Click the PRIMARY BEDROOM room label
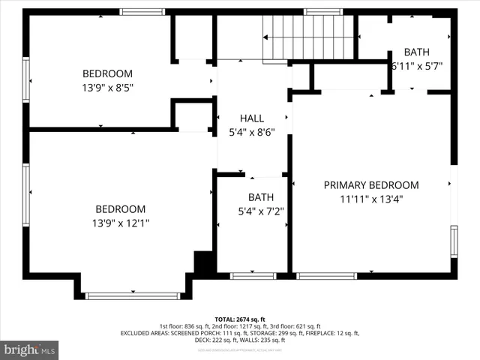(x=370, y=185)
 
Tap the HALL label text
(x=251, y=118)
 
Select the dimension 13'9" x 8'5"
(x=107, y=87)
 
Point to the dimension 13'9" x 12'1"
(x=120, y=223)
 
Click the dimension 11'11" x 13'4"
(x=370, y=199)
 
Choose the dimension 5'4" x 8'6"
(x=251, y=132)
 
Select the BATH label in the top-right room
(x=417, y=52)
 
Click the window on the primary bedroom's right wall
(x=454, y=241)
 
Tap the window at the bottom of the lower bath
(x=252, y=276)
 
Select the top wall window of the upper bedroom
(x=142, y=12)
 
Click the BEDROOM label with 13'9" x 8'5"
(x=107, y=73)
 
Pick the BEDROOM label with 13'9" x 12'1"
(x=120, y=209)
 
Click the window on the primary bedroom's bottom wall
(x=326, y=276)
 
